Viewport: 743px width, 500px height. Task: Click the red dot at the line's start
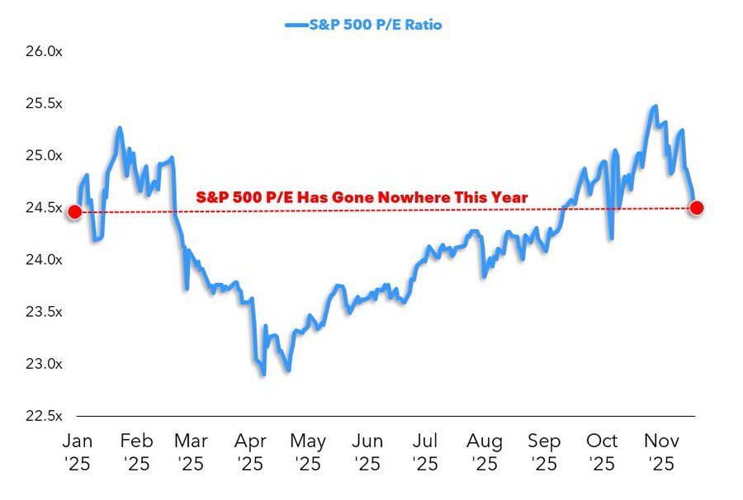tap(74, 212)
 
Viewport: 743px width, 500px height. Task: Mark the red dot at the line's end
tap(696, 207)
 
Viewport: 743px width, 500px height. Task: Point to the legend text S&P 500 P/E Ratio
tap(375, 25)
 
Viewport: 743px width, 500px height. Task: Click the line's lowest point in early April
tap(263, 375)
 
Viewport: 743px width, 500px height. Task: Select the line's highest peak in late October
tap(655, 106)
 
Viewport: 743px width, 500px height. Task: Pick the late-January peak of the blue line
tap(121, 128)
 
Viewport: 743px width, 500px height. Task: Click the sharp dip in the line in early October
tap(612, 238)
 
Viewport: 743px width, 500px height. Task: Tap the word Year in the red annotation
tap(509, 198)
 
